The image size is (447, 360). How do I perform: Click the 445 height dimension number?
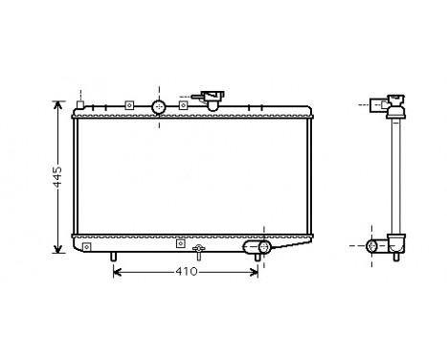tap(56, 176)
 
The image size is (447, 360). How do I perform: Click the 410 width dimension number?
tap(186, 273)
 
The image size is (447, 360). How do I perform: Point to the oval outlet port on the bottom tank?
tap(257, 249)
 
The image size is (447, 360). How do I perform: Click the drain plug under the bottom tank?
tap(198, 254)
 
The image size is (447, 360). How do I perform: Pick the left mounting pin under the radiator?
tap(114, 258)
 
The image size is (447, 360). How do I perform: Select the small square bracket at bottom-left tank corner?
tap(87, 247)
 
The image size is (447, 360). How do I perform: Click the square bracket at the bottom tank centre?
tap(179, 243)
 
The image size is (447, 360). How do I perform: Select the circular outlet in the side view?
tap(374, 247)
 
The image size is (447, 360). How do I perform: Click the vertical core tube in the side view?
tap(393, 177)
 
